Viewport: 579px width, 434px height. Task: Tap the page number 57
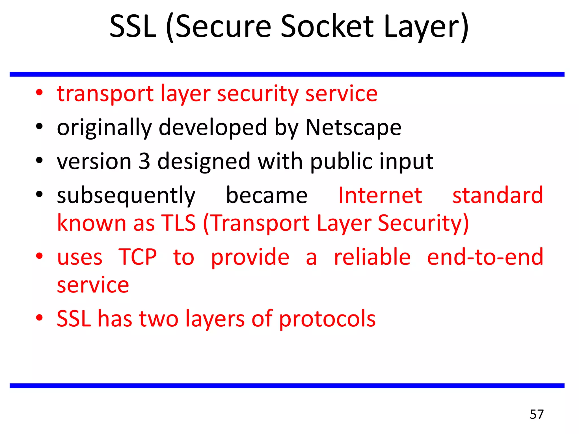(537, 414)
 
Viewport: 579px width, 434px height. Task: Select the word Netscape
(353, 127)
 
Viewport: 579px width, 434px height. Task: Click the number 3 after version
(144, 161)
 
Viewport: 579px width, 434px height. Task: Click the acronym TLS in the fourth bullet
(178, 223)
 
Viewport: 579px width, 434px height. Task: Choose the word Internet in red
(380, 195)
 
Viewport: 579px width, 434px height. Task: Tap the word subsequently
(126, 196)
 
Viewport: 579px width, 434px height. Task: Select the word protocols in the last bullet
(327, 319)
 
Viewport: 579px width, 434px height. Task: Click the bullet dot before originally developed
(39, 126)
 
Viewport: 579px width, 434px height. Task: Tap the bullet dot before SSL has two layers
(39, 318)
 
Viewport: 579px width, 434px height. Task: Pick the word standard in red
(498, 195)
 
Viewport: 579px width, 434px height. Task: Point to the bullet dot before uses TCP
(39, 256)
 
